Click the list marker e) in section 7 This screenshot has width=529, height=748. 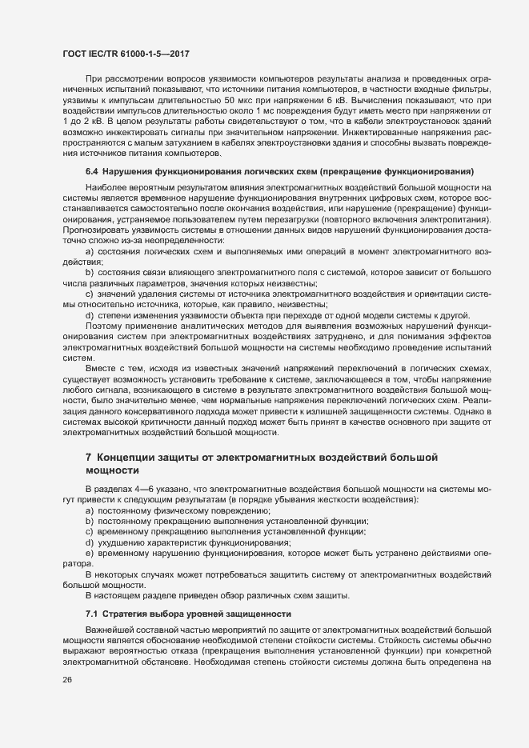[90, 554]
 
